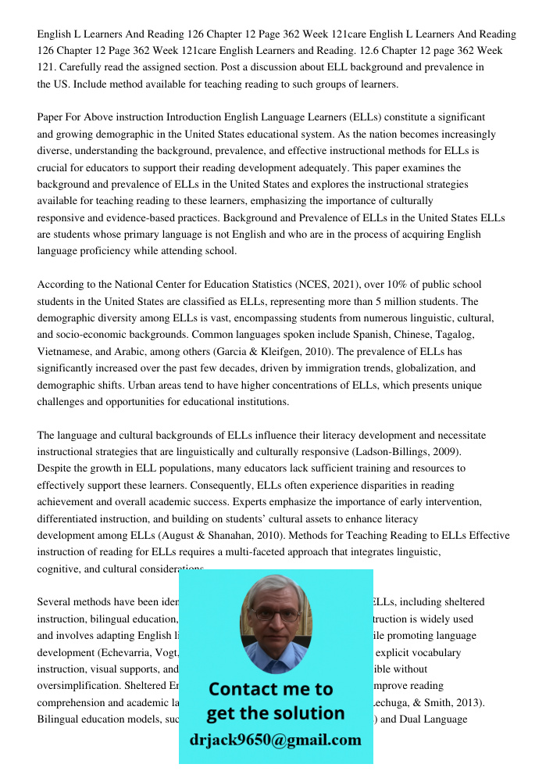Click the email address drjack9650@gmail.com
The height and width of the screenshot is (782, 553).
pos(275,740)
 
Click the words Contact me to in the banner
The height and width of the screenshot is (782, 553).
pos(270,689)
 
